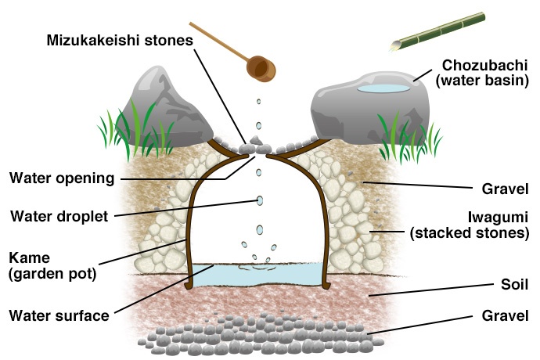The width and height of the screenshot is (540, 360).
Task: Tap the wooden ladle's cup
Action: [x=261, y=69]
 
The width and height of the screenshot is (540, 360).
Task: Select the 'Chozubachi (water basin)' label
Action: [x=486, y=72]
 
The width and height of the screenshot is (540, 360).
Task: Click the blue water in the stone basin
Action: [x=383, y=89]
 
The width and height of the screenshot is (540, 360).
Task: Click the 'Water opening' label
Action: [x=62, y=178]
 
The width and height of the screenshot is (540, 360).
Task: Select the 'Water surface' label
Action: [x=58, y=316]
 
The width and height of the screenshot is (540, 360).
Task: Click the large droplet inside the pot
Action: [x=260, y=201]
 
